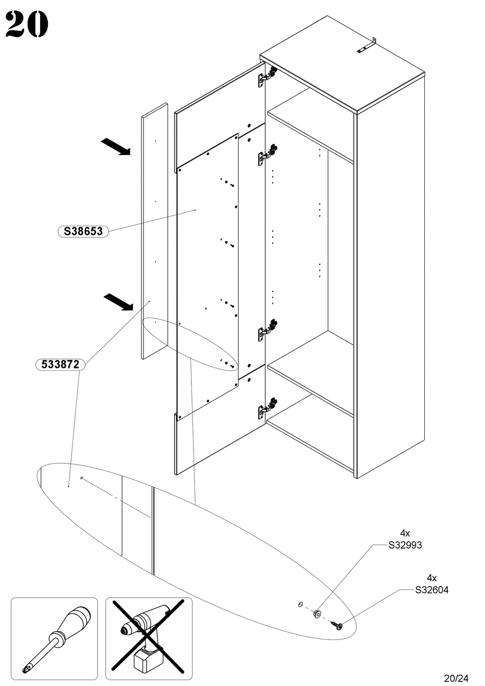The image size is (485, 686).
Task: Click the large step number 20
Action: tap(27, 25)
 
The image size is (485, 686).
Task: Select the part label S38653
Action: tap(83, 231)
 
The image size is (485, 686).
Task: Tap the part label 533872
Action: tap(60, 365)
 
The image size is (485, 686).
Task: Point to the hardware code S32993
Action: tap(405, 545)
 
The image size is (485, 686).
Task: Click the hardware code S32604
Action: tap(431, 590)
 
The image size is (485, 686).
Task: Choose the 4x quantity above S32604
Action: tap(431, 578)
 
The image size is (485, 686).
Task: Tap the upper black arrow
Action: tap(116, 146)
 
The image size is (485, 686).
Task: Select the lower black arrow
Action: tap(118, 302)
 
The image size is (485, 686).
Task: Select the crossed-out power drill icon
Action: tap(149, 639)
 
